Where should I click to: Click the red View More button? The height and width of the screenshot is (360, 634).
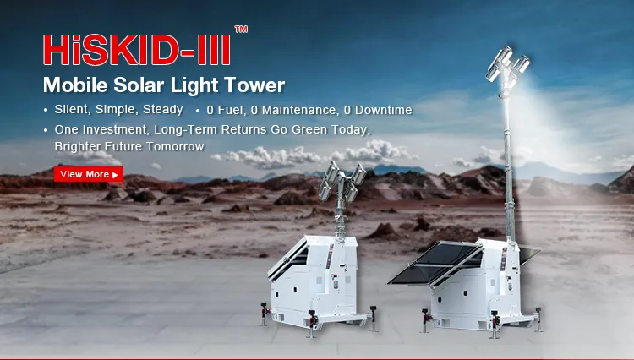(88, 174)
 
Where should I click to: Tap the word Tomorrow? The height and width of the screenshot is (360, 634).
(176, 146)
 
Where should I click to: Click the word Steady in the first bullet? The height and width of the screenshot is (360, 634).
(164, 110)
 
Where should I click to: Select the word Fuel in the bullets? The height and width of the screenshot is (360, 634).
(232, 110)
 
